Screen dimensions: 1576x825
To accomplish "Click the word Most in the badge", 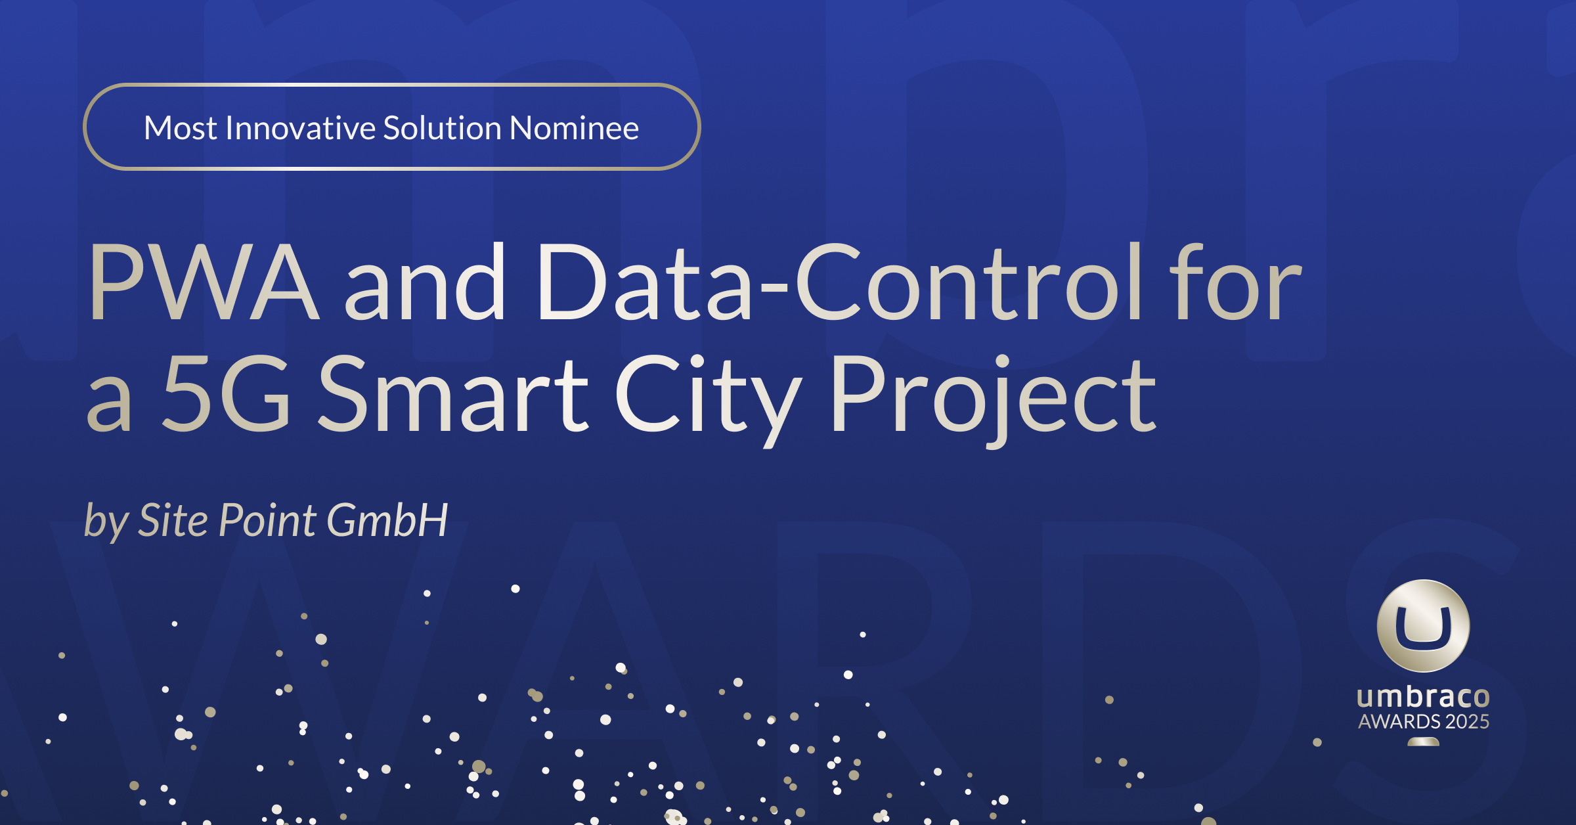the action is click(181, 128).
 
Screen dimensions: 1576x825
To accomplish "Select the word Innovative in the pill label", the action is click(299, 127).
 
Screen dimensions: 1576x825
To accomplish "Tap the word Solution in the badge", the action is click(443, 127).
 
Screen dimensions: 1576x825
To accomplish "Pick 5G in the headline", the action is click(227, 393).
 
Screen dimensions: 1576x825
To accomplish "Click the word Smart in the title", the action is click(454, 393).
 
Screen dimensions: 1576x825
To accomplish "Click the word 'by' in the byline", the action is click(106, 523).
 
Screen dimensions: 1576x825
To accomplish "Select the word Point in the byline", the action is click(269, 521).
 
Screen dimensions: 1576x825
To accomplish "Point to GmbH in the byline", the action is click(387, 521).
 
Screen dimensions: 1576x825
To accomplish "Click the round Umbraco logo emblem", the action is click(1423, 625).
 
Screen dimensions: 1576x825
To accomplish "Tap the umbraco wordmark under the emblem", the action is click(1423, 697).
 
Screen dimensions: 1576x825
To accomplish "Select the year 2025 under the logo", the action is click(1467, 722).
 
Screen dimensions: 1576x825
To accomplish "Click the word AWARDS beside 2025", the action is click(1399, 722).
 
